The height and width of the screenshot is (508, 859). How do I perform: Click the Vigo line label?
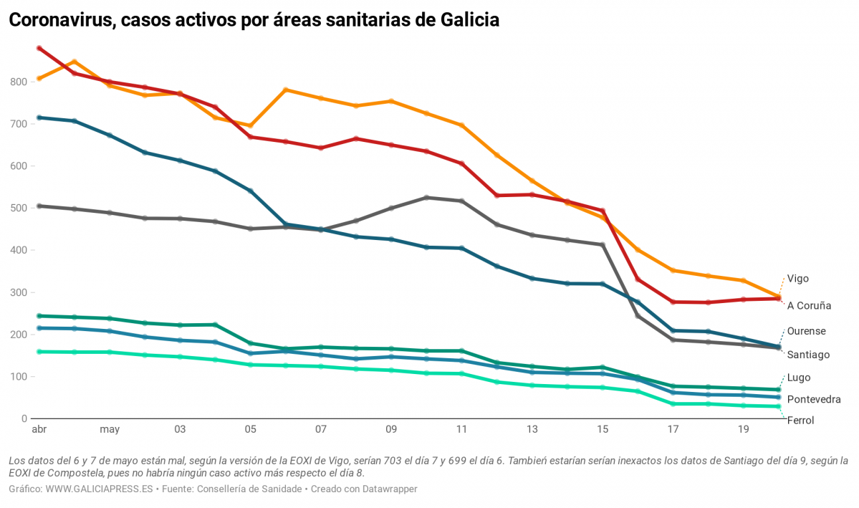click(798, 279)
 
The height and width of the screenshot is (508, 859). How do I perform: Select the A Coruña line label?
click(809, 306)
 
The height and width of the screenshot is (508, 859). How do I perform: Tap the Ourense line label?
click(806, 331)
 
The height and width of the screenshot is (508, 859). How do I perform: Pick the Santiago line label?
click(808, 355)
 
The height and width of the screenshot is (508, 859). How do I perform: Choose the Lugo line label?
click(799, 378)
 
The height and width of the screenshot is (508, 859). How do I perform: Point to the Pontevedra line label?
click(813, 399)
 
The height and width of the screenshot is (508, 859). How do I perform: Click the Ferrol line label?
click(800, 421)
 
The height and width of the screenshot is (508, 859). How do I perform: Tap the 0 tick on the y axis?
click(24, 418)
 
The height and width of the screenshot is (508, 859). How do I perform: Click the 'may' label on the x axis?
click(110, 430)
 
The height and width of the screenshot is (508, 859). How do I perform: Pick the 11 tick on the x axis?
click(461, 430)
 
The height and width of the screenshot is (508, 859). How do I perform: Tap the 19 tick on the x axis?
click(743, 430)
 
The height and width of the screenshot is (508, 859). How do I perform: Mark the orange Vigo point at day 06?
click(286, 90)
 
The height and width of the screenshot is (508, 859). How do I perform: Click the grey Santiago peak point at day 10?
click(426, 198)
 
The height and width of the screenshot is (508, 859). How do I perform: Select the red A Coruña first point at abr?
click(39, 49)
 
